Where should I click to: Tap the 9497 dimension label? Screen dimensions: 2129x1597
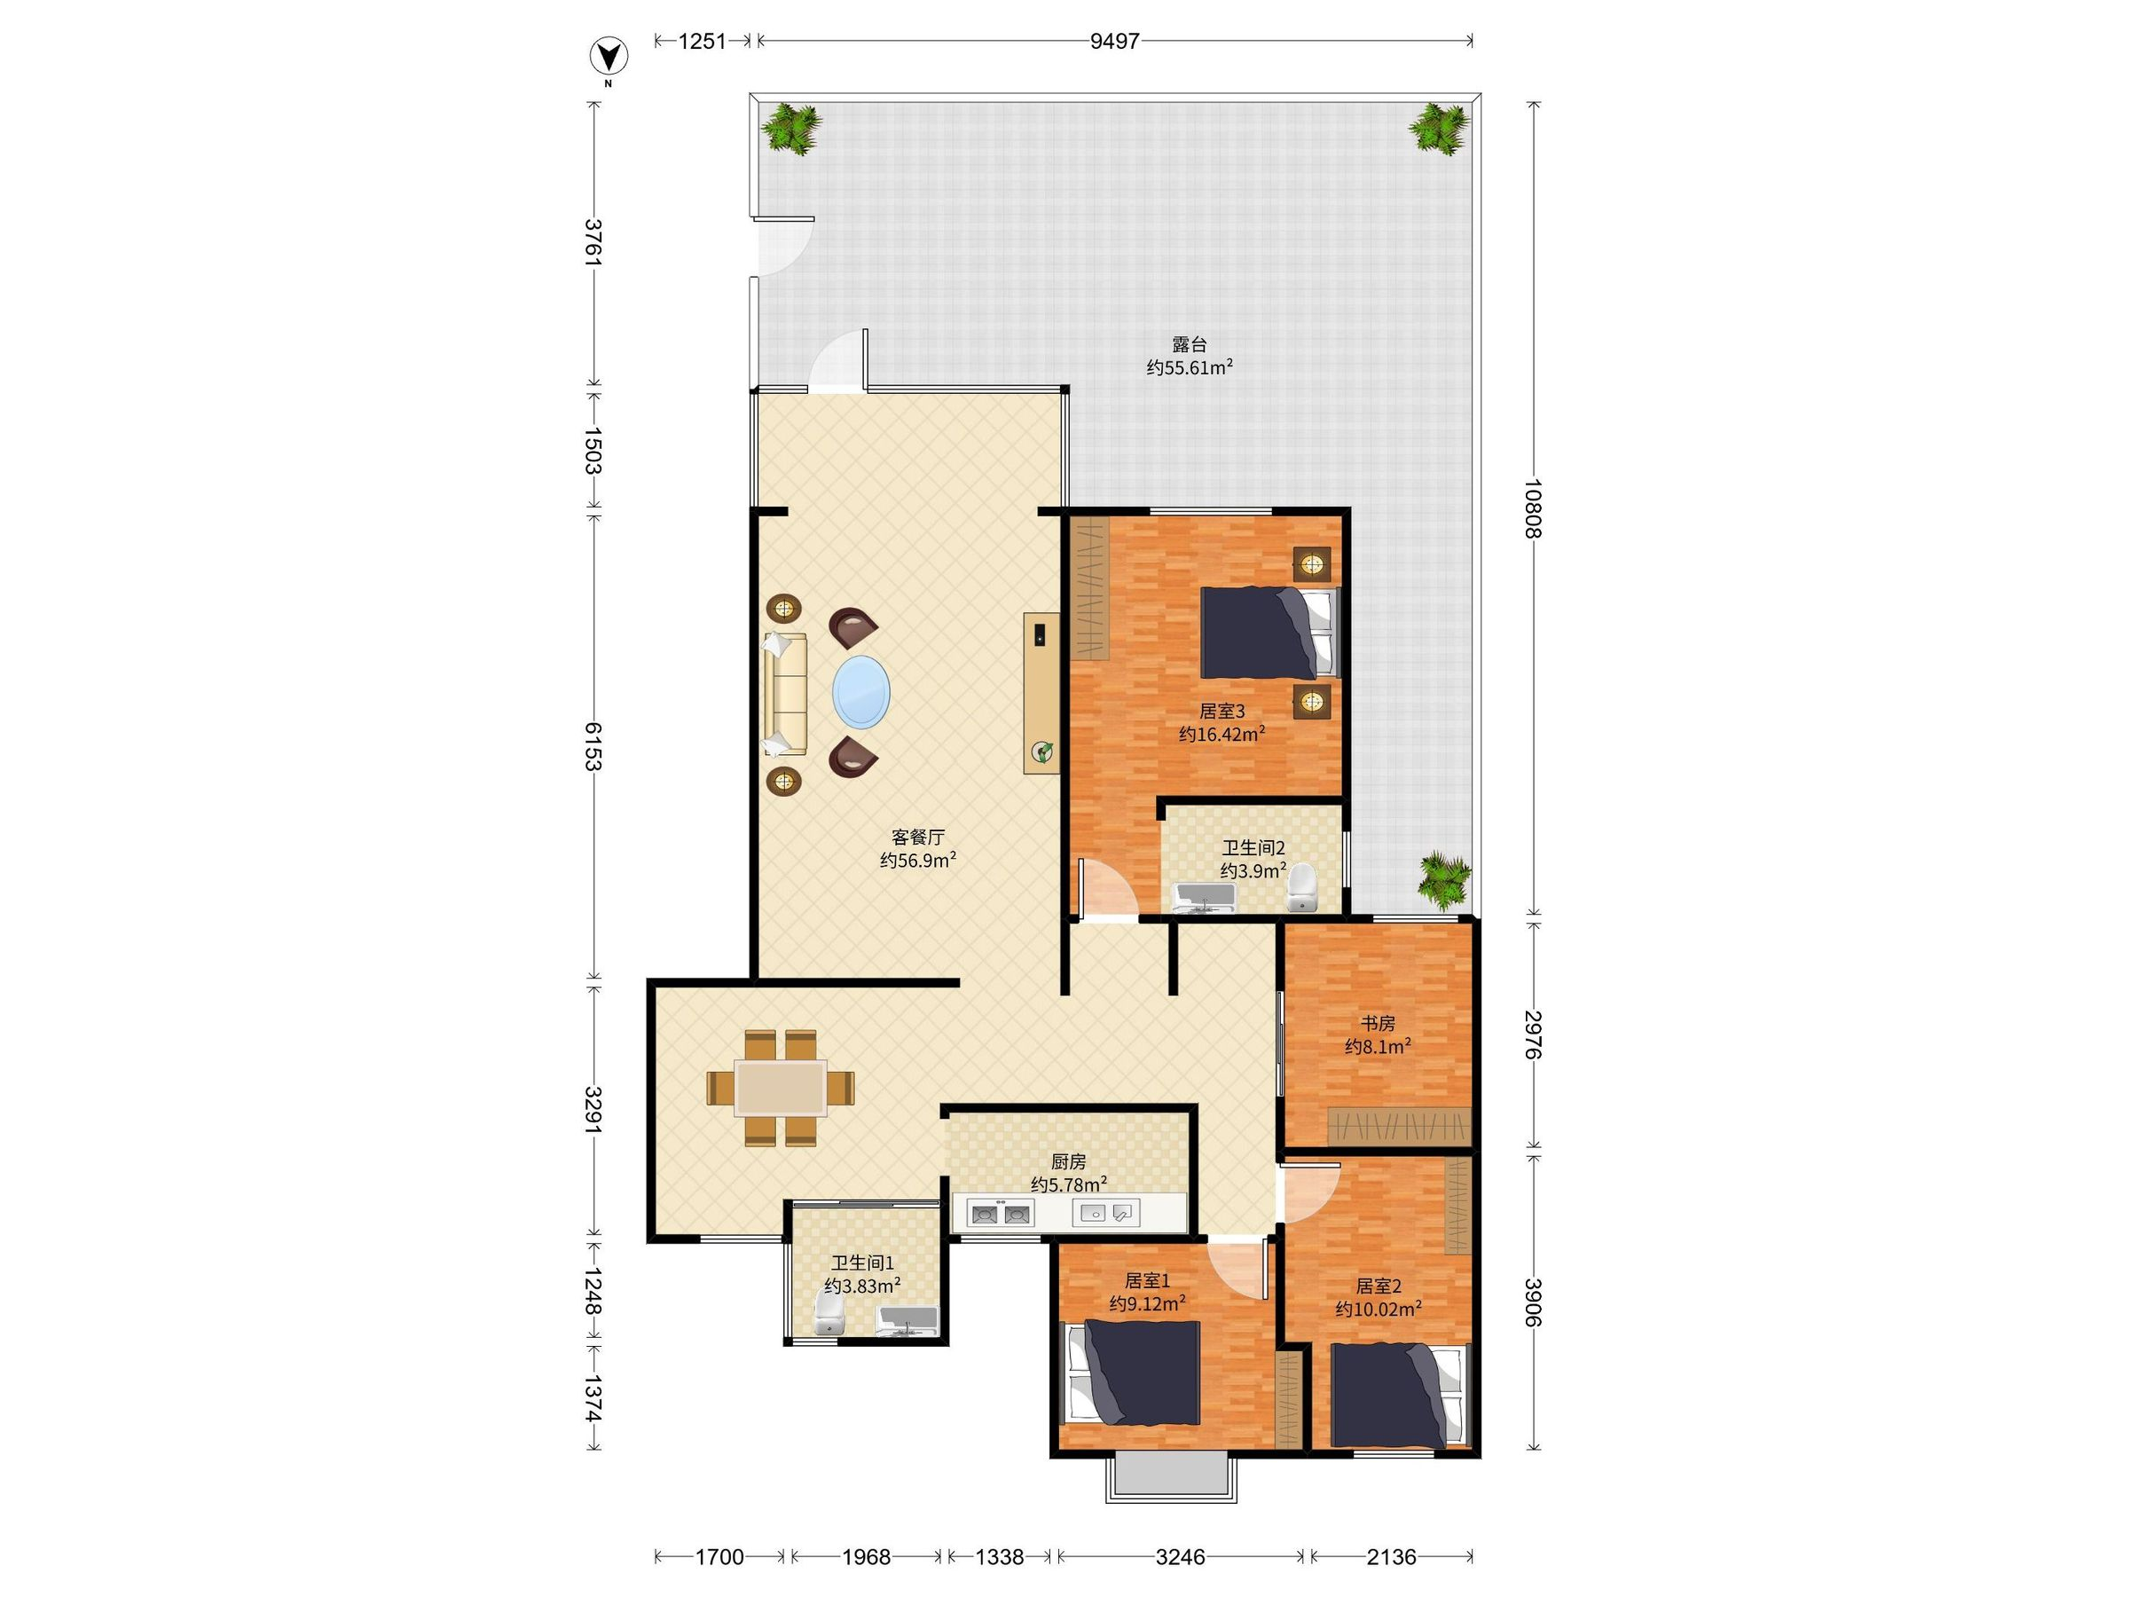coord(1114,42)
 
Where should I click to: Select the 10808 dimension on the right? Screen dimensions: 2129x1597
coord(1533,509)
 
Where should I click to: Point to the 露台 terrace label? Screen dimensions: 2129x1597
coord(1190,343)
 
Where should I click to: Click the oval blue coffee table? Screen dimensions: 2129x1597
coord(860,691)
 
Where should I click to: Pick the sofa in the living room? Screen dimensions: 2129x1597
coord(785,693)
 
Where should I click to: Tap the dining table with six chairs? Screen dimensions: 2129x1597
coord(781,1088)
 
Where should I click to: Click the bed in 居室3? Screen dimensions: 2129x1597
coord(1269,633)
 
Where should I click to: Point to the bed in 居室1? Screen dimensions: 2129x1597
coord(1130,1373)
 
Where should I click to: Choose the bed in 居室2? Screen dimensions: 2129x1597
coord(1401,1395)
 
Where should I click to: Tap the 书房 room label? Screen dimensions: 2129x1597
coord(1378,1023)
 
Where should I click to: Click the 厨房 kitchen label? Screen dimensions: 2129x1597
coord(1068,1162)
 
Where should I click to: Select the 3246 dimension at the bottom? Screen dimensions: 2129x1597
coord(1180,1556)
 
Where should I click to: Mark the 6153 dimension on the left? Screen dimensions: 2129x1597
coord(593,746)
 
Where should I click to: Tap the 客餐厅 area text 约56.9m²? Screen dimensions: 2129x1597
coord(917,860)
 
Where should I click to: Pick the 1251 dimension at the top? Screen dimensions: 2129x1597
coord(703,42)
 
